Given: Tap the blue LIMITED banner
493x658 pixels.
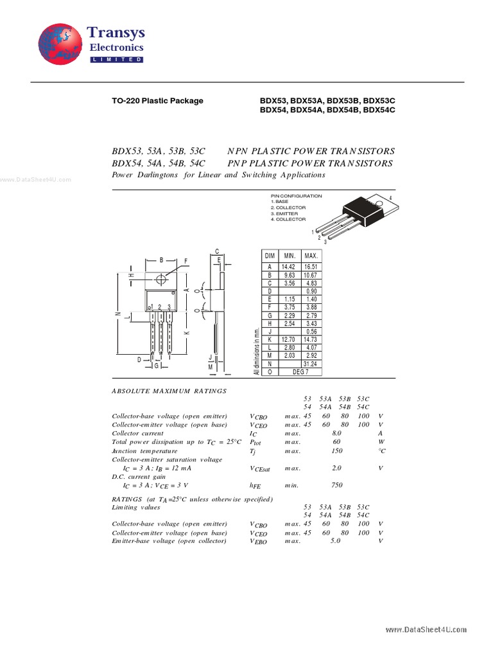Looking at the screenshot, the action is tap(116, 59).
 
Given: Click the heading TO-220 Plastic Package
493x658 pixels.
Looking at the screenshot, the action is tap(157, 101).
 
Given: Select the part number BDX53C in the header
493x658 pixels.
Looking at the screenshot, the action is tap(379, 101).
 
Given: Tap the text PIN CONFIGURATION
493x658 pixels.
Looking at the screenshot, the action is tap(296, 196).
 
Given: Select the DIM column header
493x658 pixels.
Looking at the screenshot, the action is tap(270, 256).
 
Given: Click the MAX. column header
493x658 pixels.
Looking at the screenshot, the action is tap(311, 256).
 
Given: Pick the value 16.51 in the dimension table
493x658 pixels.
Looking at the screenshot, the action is tap(311, 266).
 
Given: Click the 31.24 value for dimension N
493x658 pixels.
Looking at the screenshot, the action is tap(311, 364).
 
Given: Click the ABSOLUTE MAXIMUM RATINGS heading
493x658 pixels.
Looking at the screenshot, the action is tap(169, 391).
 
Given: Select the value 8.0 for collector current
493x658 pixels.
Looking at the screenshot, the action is tap(337, 433).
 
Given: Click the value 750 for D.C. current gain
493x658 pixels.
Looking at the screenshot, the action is tap(337, 485).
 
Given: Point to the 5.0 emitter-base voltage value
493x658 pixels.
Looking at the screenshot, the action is tap(335, 541).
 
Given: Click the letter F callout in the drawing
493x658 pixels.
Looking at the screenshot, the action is tap(186, 261).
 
